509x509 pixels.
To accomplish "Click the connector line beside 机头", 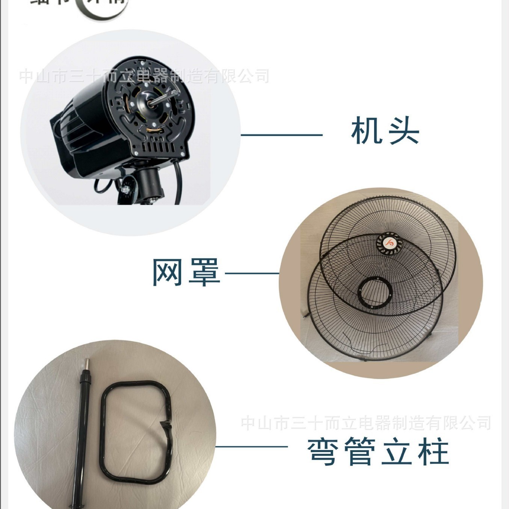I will click(x=282, y=135).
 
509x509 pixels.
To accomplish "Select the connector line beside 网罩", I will click(x=252, y=273).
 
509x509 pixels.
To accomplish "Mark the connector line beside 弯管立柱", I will click(x=252, y=447).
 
